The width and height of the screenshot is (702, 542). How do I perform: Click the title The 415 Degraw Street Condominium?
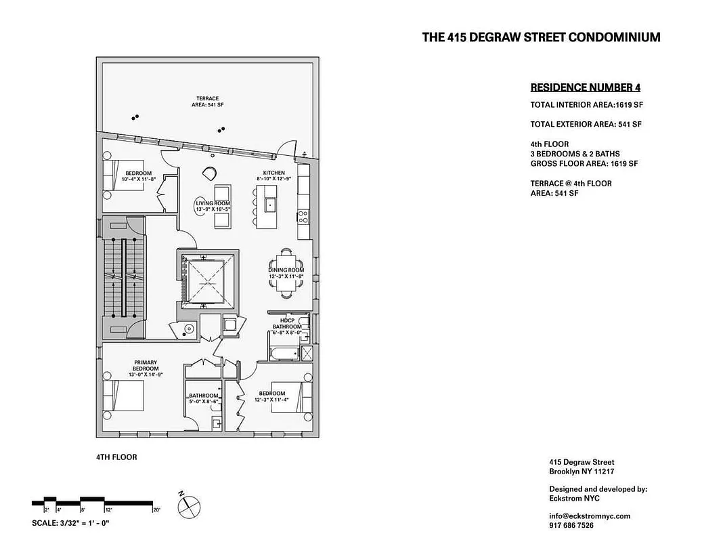pyautogui.click(x=541, y=38)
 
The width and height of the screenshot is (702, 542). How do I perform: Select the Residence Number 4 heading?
pyautogui.click(x=585, y=87)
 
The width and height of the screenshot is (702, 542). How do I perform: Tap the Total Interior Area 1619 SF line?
pyautogui.click(x=586, y=105)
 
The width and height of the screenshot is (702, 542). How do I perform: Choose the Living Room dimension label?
pyautogui.click(x=213, y=206)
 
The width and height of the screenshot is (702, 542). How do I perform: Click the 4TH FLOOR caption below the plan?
pyautogui.click(x=116, y=457)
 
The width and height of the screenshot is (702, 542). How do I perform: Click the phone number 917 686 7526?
pyautogui.click(x=572, y=526)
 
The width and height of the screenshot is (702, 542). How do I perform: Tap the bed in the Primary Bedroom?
pyautogui.click(x=125, y=396)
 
